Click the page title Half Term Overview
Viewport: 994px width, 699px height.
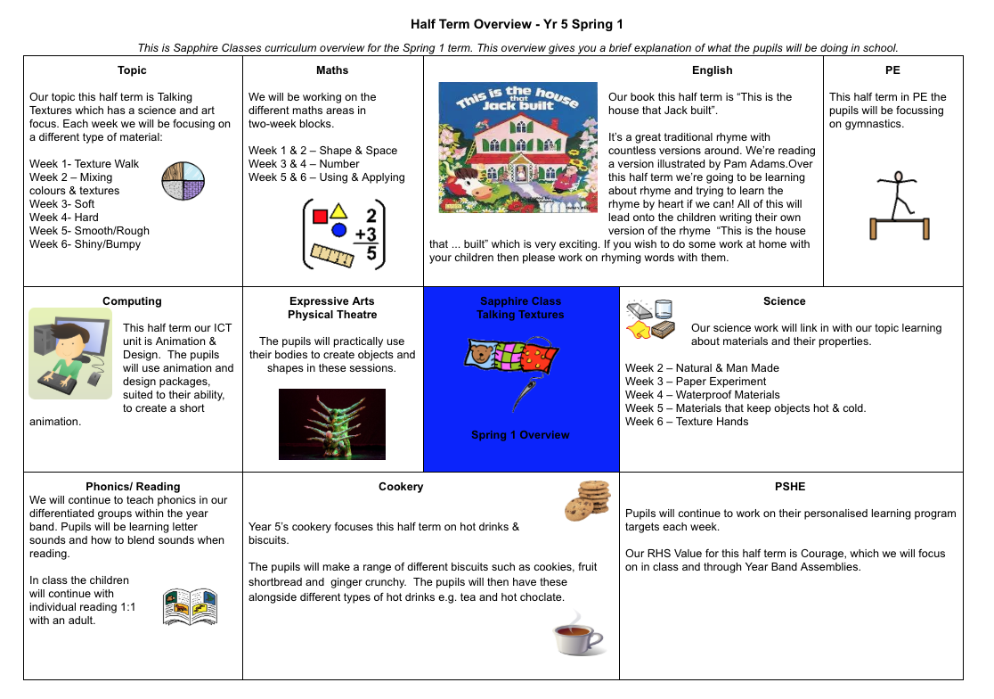pos(522,24)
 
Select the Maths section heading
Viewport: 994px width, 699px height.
pos(332,70)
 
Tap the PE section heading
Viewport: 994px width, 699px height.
pos(892,70)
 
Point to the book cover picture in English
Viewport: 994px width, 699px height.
pos(517,147)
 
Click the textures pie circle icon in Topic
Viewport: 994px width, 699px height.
pos(183,181)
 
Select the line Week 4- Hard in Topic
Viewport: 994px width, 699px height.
pos(64,218)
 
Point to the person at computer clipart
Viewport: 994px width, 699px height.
pos(70,354)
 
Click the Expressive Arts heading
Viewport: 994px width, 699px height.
pos(332,301)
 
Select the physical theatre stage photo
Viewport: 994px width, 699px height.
pos(332,424)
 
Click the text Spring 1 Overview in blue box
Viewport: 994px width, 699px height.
pos(520,435)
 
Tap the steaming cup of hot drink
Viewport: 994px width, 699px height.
pos(578,635)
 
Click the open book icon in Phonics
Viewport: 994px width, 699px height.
pos(191,607)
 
